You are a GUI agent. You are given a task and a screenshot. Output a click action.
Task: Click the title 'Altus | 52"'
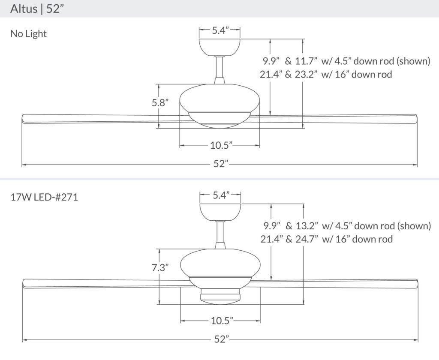(35, 9)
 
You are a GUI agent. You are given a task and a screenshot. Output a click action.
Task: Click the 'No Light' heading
(29, 33)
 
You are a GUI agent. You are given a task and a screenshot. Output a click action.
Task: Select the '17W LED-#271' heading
(44, 197)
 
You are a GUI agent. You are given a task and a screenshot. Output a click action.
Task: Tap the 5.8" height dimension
(160, 103)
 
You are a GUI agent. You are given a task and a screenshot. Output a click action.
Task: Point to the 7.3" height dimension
(160, 267)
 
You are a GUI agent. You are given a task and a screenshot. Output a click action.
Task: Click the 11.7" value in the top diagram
(306, 61)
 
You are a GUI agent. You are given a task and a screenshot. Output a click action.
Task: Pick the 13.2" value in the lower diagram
(307, 225)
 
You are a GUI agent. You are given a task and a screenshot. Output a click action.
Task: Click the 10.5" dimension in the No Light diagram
(221, 145)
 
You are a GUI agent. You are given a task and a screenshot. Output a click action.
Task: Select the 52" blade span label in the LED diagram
(222, 339)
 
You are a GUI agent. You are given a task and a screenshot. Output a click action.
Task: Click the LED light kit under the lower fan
(220, 295)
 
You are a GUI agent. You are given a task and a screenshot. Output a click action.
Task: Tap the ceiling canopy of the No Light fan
(220, 47)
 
